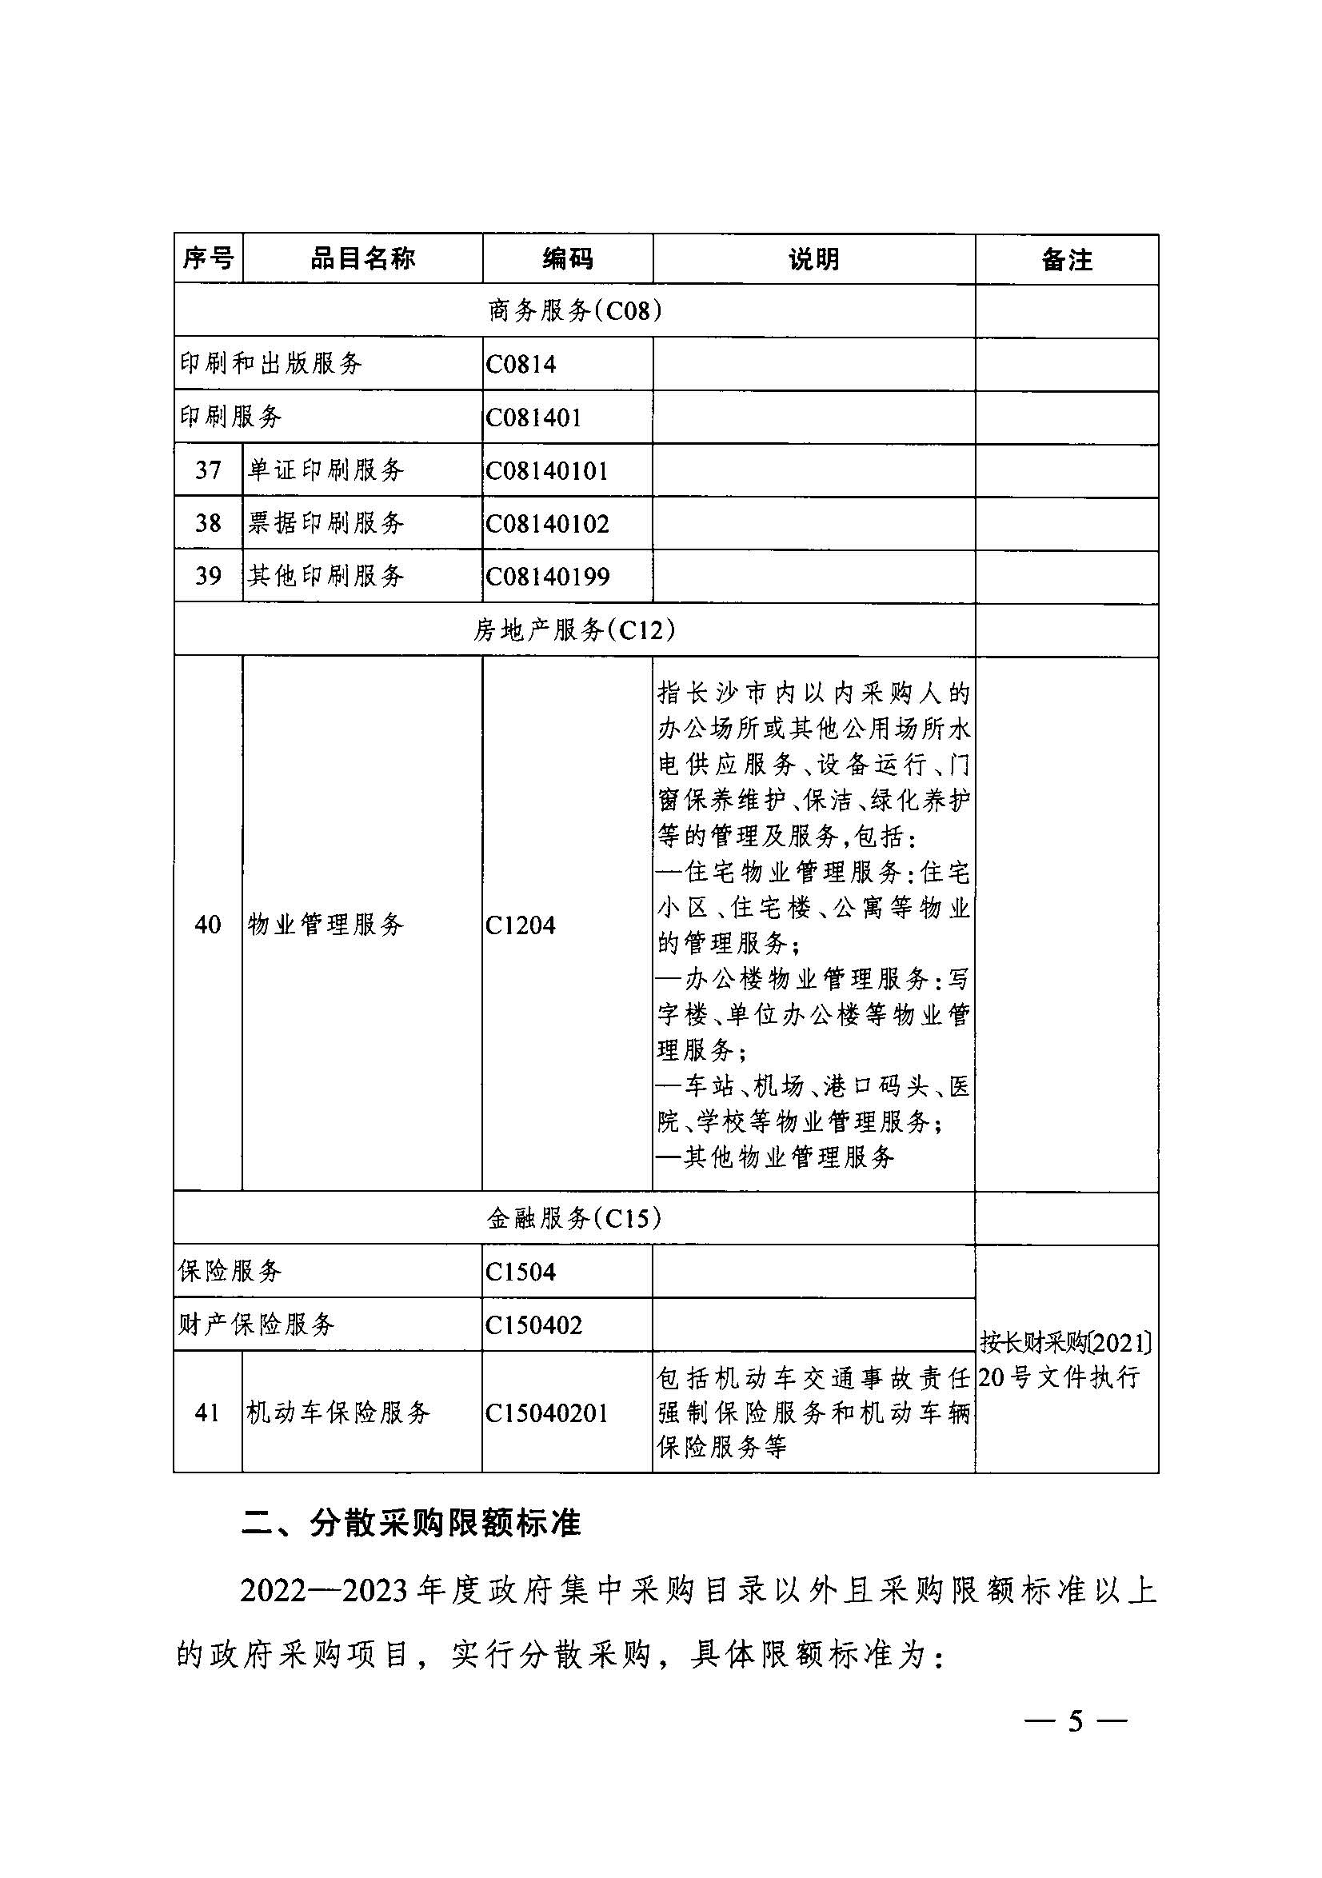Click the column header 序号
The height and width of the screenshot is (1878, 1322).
[208, 259]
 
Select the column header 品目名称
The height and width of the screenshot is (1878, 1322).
[362, 259]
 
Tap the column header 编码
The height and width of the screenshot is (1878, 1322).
[567, 259]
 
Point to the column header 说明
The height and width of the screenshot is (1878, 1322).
[813, 259]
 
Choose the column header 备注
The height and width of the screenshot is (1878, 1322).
[1066, 260]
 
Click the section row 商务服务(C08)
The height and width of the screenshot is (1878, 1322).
[574, 311]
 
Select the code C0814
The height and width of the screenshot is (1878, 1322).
[521, 364]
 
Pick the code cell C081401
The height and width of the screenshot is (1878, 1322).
[533, 418]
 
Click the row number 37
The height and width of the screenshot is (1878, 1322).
[208, 470]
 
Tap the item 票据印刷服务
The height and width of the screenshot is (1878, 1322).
[326, 523]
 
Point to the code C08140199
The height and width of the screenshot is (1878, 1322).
[547, 577]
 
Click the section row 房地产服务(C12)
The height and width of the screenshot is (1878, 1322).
[574, 629]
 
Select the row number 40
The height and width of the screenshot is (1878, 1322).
[208, 925]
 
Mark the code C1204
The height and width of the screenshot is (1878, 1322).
[521, 925]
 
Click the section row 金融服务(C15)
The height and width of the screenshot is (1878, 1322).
[574, 1219]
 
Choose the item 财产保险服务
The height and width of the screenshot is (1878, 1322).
[257, 1325]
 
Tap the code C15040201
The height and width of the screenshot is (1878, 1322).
[546, 1412]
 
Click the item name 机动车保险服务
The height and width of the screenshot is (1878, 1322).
[337, 1412]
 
